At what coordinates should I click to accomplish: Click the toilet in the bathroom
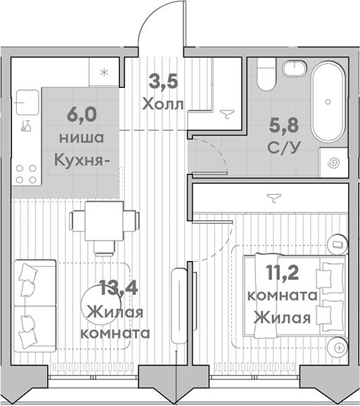point(266,74)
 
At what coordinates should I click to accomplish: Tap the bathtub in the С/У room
point(328,102)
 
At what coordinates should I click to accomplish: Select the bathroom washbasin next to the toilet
point(295,69)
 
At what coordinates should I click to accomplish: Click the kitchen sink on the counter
point(27,102)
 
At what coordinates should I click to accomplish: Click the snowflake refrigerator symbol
point(104,72)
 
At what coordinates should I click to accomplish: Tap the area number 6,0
point(82,115)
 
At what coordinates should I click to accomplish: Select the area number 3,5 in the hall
point(164,82)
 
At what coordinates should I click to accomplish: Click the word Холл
point(163,105)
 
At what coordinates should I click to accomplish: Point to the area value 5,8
point(284,125)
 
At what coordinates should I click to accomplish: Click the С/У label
point(284,148)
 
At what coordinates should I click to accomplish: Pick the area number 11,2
point(283,272)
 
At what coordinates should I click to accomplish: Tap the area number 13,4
point(118,288)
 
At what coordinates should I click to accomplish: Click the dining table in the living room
point(104,221)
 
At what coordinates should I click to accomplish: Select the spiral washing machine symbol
point(333,163)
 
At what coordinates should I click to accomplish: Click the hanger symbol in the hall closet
point(227,114)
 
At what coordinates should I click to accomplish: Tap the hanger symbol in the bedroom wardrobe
point(274,198)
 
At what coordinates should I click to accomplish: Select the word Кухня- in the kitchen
point(82,161)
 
